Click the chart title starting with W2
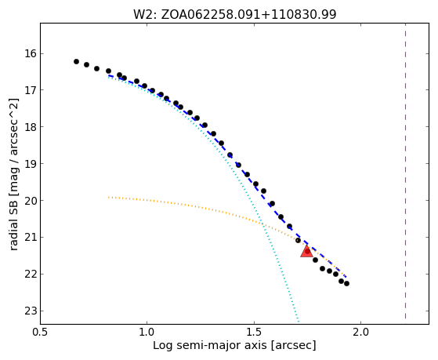tap(234, 14)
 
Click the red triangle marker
tap(306, 252)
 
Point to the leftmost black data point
tap(76, 61)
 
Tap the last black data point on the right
tap(346, 284)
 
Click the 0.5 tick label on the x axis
tap(41, 333)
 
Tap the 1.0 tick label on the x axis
tap(147, 333)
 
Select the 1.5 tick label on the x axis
tap(254, 333)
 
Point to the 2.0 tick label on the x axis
tap(361, 333)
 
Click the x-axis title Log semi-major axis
tap(209, 346)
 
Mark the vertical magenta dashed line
tap(405, 171)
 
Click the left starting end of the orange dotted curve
tap(109, 197)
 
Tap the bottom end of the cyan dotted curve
tap(299, 322)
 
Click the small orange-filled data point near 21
tap(298, 241)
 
